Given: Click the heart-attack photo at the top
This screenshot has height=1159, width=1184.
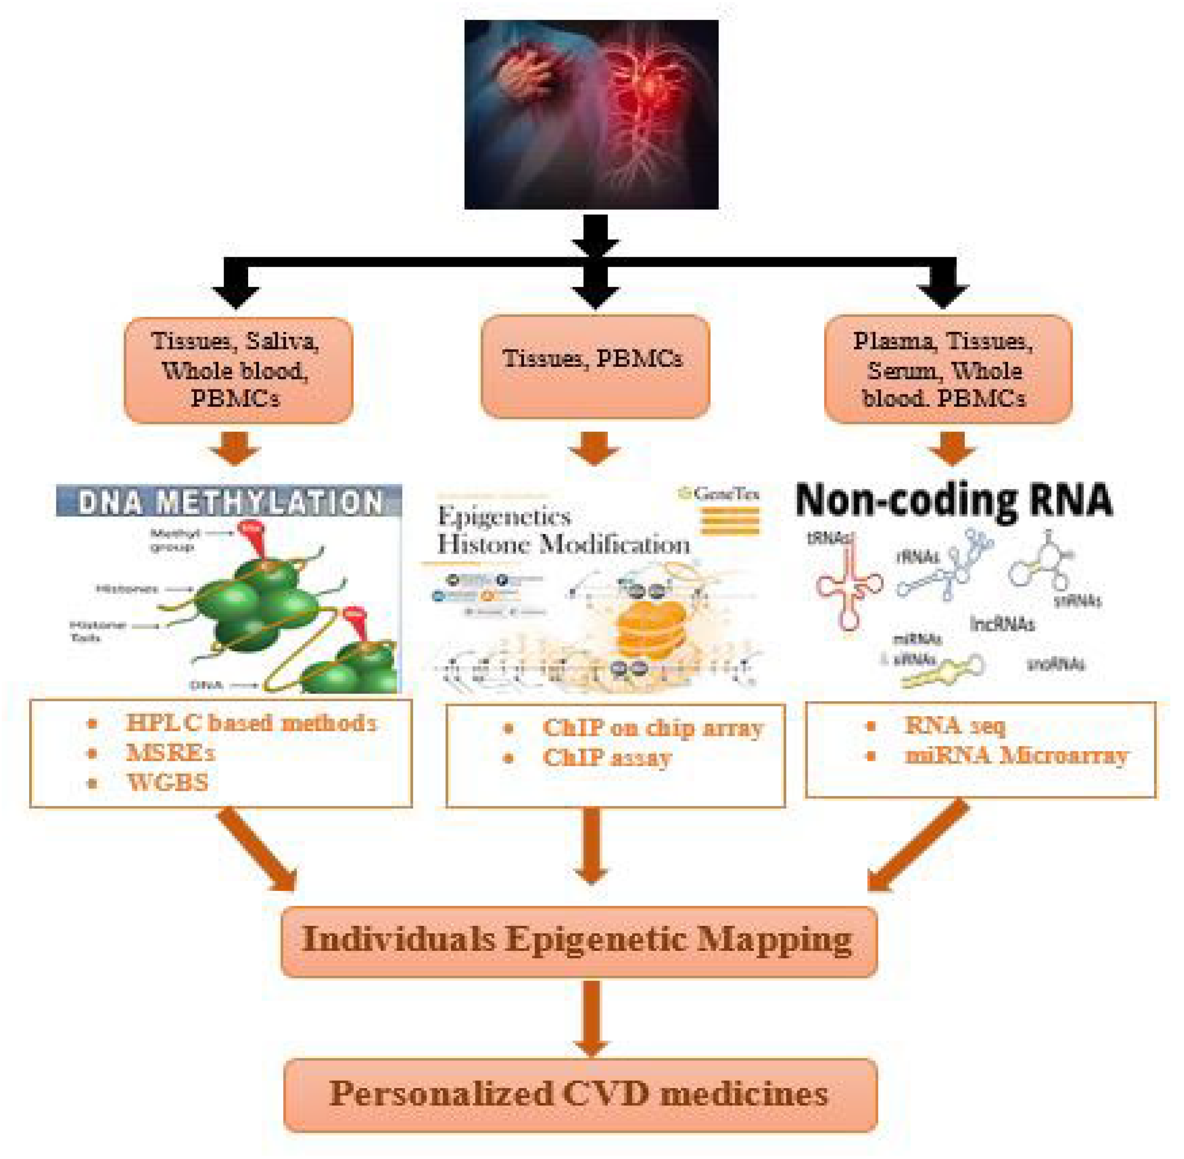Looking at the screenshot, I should (590, 115).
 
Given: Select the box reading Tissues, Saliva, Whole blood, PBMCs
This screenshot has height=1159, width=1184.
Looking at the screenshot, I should (238, 370).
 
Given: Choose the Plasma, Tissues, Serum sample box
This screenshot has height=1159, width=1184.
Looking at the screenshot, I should (947, 369).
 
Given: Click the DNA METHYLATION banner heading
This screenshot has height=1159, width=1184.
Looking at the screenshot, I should (229, 502).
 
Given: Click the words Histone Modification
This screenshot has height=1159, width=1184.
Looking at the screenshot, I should (563, 544).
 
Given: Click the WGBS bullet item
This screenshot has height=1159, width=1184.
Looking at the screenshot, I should (167, 782).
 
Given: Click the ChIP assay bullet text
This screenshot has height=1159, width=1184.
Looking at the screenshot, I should (607, 757).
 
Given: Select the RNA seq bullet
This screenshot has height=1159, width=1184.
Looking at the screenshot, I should (954, 725).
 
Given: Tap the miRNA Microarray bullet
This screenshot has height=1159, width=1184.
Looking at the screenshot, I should (1016, 755).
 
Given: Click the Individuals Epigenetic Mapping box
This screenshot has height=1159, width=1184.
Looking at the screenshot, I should (578, 940).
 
